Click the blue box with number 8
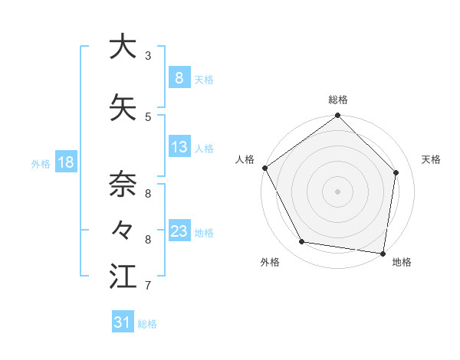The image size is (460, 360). tap(179, 78)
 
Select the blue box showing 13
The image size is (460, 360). tap(179, 147)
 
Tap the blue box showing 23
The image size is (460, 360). tap(179, 231)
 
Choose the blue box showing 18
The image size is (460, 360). tap(65, 162)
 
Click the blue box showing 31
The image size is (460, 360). tap(122, 322)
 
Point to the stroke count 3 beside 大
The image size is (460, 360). tap(148, 56)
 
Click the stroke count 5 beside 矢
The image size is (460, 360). tap(148, 116)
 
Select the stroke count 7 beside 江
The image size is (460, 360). tap(148, 286)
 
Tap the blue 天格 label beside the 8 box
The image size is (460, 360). tap(204, 79)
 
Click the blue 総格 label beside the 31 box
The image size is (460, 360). tap(147, 324)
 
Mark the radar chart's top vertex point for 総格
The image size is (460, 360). tap(337, 116)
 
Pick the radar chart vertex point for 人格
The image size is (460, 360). tap(265, 168)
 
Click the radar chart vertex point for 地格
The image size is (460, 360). tap(382, 253)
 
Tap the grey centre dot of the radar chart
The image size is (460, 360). tap(337, 191)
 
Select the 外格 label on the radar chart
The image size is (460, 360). tap(270, 262)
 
